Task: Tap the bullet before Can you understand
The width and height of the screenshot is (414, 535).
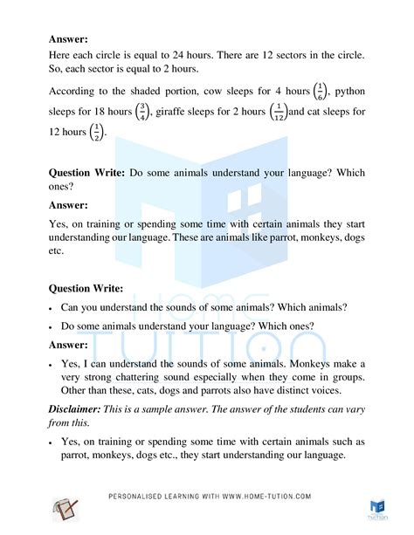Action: coord(53,308)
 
